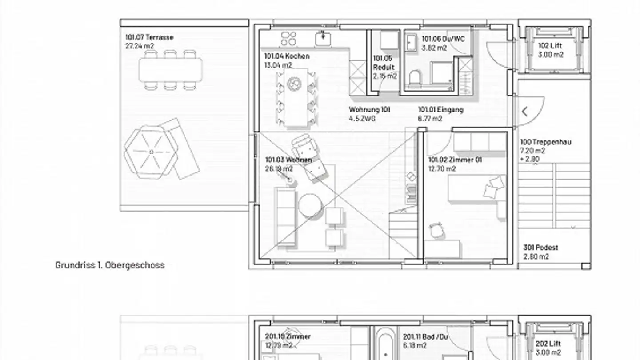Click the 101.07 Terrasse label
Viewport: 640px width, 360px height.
[x=149, y=37]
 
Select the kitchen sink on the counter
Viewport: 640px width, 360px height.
[x=323, y=39]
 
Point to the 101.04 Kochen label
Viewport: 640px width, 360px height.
[x=287, y=56]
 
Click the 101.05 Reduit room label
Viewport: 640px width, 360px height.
[x=384, y=63]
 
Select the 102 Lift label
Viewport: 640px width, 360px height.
[x=550, y=46]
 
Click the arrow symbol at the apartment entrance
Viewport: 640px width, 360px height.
[x=525, y=112]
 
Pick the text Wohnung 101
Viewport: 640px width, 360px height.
[x=369, y=110]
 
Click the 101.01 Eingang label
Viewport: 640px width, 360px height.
[x=441, y=110]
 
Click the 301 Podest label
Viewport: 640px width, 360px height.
[x=541, y=248]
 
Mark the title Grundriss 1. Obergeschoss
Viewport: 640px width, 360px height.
[x=110, y=265]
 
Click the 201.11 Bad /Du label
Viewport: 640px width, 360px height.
[x=425, y=337]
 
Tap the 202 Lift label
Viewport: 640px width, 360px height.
[x=548, y=344]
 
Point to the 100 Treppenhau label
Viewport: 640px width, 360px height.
[x=546, y=142]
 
